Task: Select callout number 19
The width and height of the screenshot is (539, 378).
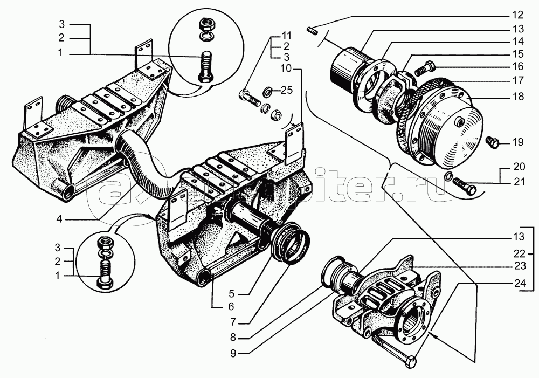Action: coord(518,143)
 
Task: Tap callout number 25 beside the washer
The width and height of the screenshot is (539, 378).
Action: coord(286,90)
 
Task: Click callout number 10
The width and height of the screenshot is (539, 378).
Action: coord(286,68)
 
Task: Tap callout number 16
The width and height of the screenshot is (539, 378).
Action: coord(518,67)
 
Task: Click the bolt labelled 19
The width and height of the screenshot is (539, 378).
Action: coord(493,142)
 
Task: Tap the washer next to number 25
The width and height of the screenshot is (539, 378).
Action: coord(268,91)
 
